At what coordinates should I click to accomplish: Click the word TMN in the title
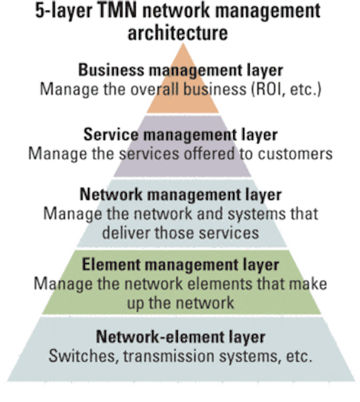pyautogui.click(x=117, y=11)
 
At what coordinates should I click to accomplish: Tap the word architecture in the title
pyautogui.click(x=178, y=33)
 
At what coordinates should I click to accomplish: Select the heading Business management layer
pyautogui.click(x=180, y=70)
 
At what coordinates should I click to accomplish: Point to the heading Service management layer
pyautogui.click(x=180, y=135)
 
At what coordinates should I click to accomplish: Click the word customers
pyautogui.click(x=295, y=154)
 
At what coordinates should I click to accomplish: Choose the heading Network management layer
pyautogui.click(x=180, y=195)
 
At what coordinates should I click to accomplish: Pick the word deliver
pyautogui.click(x=126, y=233)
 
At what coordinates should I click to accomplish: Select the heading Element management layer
pyautogui.click(x=180, y=265)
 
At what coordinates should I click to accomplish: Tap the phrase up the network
pyautogui.click(x=180, y=303)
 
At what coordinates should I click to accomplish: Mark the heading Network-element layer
pyautogui.click(x=180, y=337)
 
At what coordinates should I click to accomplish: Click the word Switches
pyautogui.click(x=84, y=356)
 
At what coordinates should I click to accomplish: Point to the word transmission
pyautogui.click(x=168, y=356)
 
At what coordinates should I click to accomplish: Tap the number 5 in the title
pyautogui.click(x=40, y=11)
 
